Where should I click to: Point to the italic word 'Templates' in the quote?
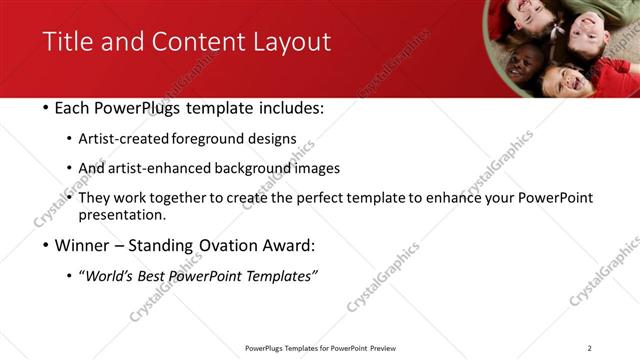277,276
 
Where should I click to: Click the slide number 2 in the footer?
590,348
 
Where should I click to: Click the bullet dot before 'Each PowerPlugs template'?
46,108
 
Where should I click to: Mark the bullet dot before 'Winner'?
46,246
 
